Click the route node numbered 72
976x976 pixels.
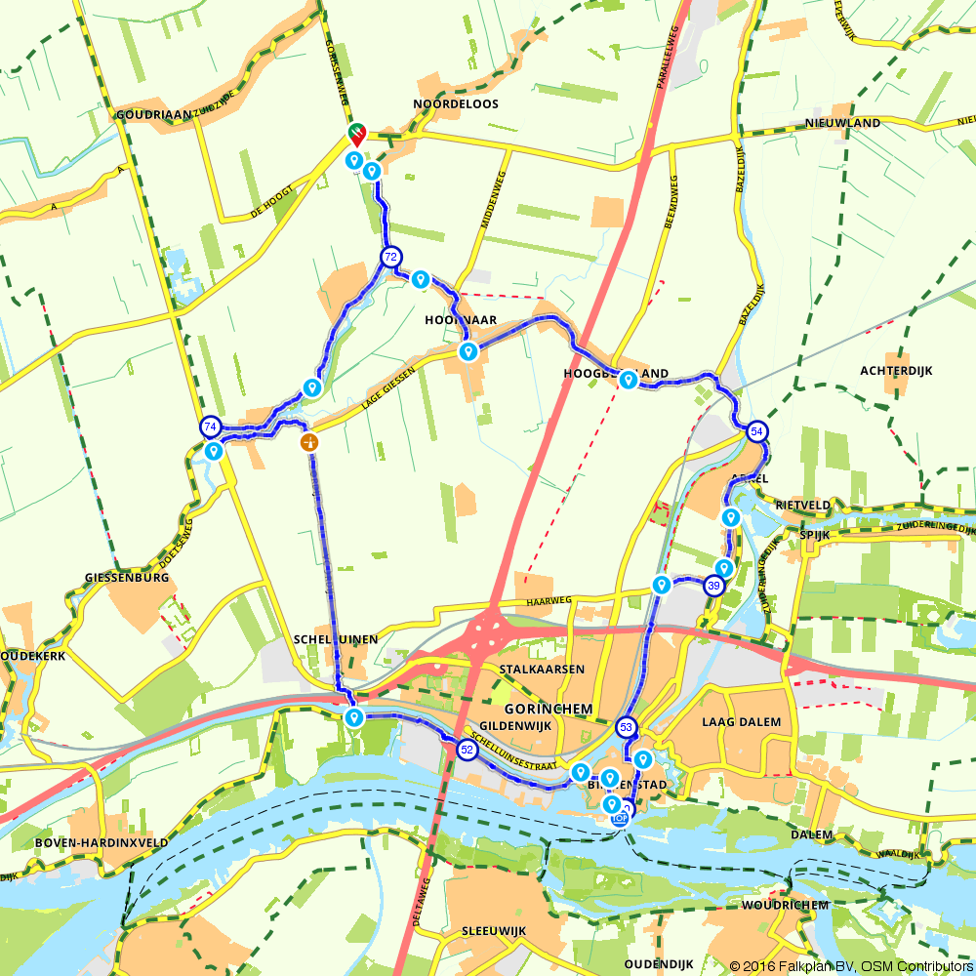click(390, 258)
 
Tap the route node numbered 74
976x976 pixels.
click(210, 427)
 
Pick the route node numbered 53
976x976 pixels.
click(626, 726)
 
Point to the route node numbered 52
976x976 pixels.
click(467, 750)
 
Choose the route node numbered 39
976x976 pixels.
click(714, 586)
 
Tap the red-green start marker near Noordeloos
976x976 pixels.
click(356, 133)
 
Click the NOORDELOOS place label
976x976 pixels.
click(456, 103)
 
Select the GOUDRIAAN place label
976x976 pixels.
click(153, 114)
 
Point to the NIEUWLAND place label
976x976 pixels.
click(843, 123)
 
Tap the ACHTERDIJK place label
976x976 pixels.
click(897, 371)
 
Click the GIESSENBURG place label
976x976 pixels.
click(128, 577)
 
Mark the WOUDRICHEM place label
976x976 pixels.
click(786, 905)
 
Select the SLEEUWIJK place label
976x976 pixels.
click(494, 931)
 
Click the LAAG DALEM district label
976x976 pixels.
click(742, 722)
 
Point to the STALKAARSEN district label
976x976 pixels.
click(541, 670)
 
